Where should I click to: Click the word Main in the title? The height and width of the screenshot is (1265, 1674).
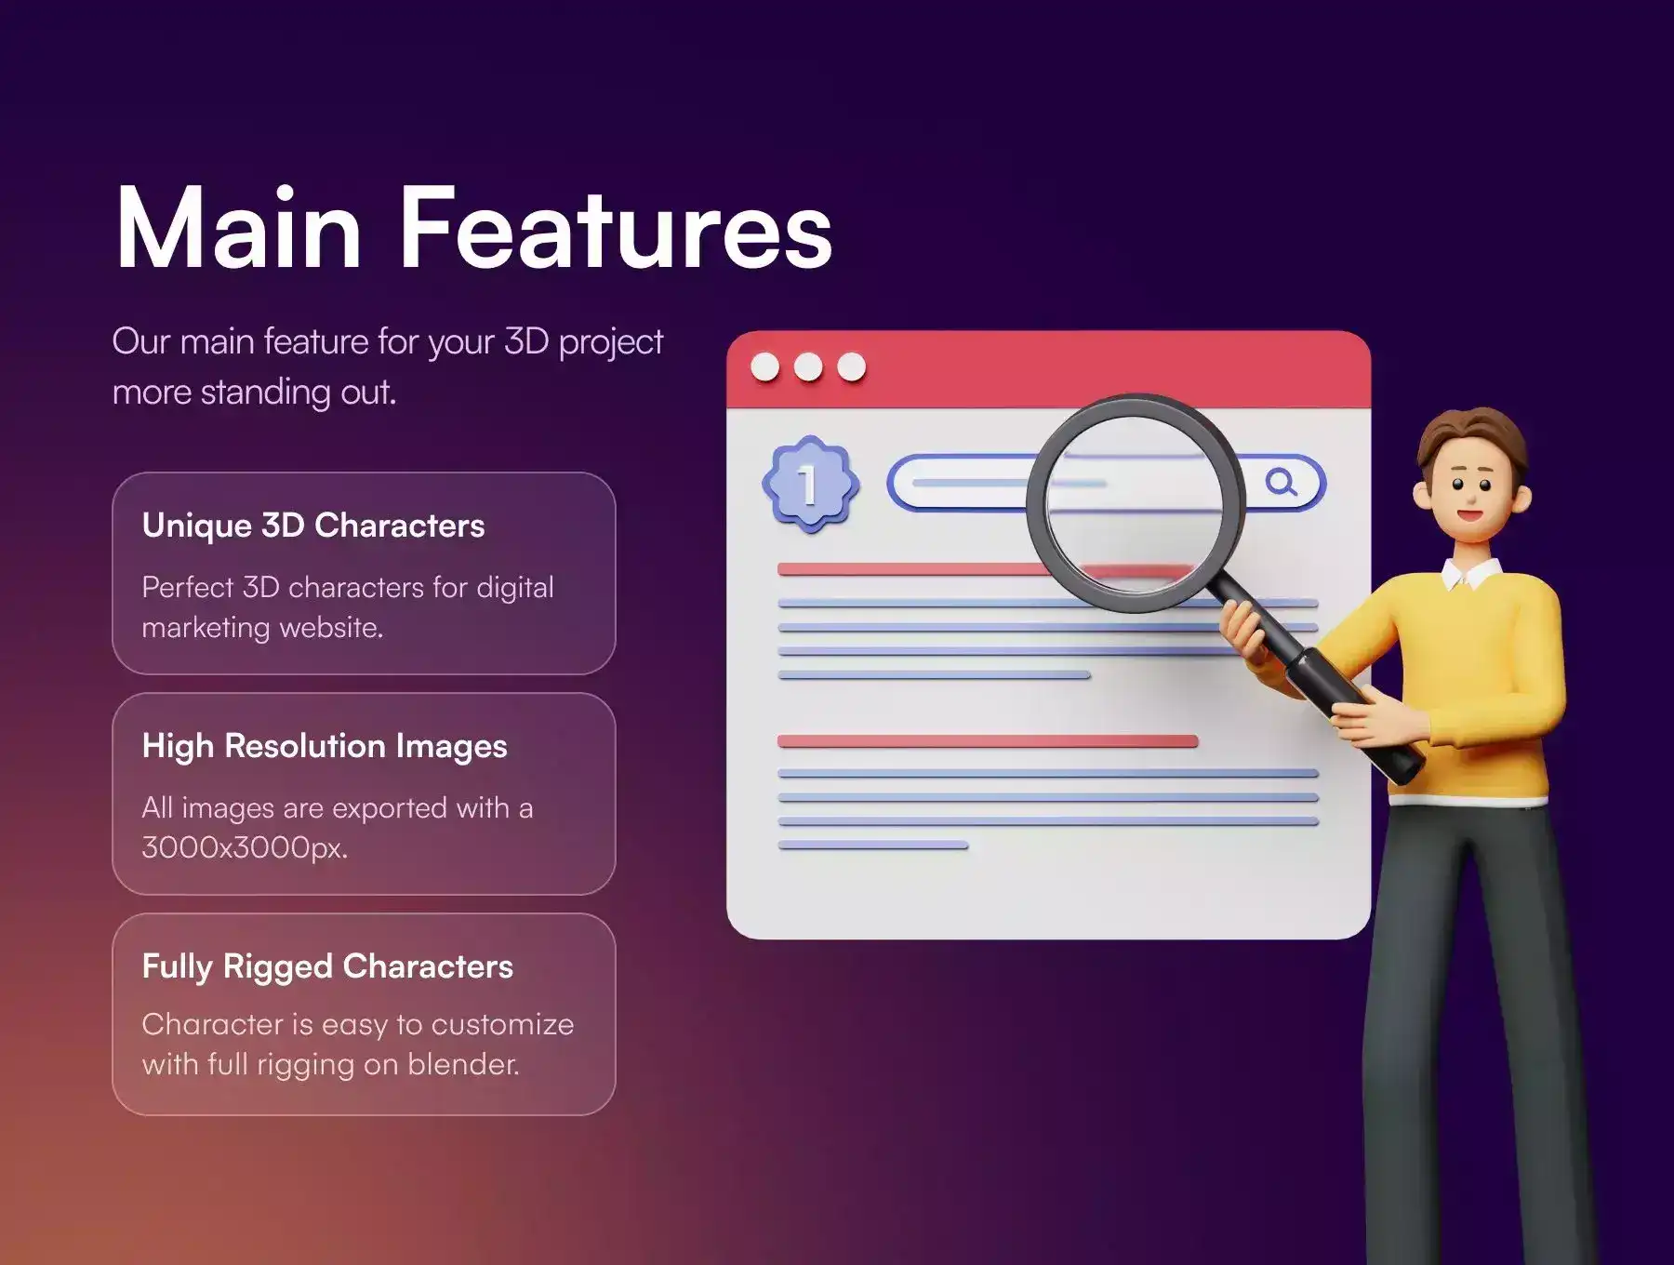pyautogui.click(x=238, y=228)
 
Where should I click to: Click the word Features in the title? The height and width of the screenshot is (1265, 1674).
pyautogui.click(x=616, y=228)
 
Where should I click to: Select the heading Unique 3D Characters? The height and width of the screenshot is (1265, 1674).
pyautogui.click(x=313, y=526)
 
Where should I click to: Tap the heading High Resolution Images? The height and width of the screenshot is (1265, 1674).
pyautogui.click(x=325, y=747)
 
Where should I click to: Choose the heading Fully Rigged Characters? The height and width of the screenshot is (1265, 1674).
pyautogui.click(x=327, y=967)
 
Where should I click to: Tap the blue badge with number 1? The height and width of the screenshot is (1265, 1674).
pyautogui.click(x=810, y=484)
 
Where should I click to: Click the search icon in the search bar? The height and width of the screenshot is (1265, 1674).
pyautogui.click(x=1282, y=482)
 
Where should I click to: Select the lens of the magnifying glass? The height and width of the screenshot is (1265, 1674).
pyautogui.click(x=1135, y=502)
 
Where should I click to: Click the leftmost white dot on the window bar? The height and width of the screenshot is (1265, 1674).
pyautogui.click(x=765, y=367)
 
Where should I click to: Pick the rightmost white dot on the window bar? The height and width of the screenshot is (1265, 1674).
pyautogui.click(x=851, y=367)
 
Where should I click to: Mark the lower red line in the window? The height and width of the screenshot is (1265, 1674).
pyautogui.click(x=988, y=741)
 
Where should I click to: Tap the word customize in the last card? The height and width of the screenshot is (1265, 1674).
pyautogui.click(x=502, y=1025)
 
